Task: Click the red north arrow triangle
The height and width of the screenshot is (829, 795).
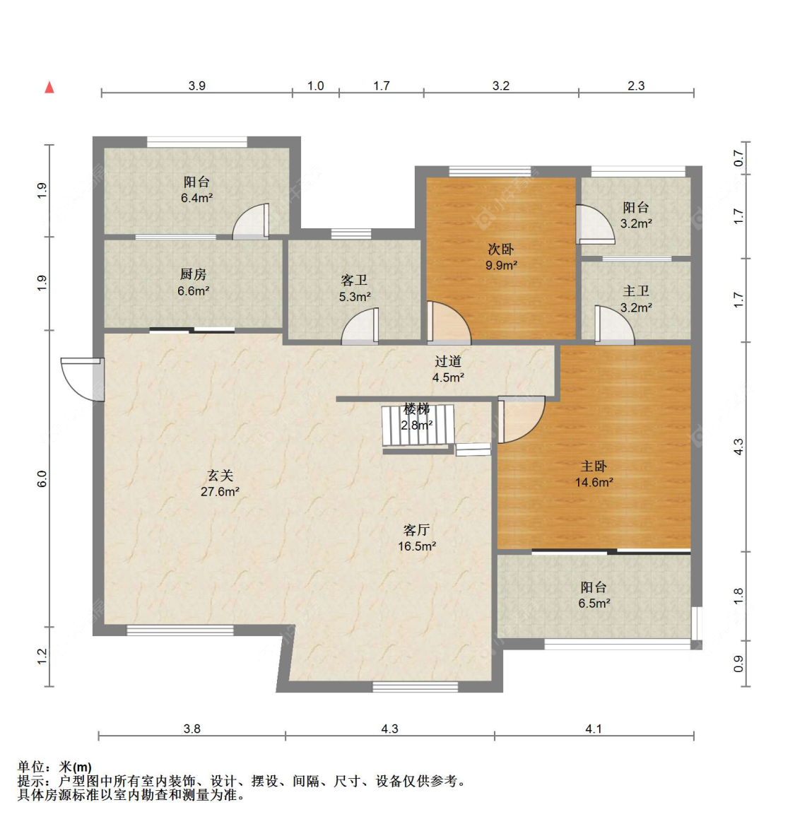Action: point(49,87)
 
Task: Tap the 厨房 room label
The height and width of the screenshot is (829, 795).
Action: point(193,274)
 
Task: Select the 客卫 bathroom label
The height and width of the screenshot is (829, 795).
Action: point(354,280)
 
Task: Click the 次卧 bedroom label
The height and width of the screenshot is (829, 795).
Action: point(500,249)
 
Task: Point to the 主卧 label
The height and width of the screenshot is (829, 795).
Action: point(594,466)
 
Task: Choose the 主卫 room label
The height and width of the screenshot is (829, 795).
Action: point(636,290)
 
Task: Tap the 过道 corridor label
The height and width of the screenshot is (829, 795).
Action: point(448,361)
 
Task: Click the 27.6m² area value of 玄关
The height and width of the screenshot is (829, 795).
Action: point(220,492)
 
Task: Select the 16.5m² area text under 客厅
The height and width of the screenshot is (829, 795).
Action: point(417,546)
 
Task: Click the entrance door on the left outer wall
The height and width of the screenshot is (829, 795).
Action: point(83,379)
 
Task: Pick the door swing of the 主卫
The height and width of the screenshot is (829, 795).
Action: point(615,325)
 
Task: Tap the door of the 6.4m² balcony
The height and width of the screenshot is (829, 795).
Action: point(252,221)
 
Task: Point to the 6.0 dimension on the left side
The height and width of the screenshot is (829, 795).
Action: point(42,479)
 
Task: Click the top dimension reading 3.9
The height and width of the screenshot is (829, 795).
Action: point(197,86)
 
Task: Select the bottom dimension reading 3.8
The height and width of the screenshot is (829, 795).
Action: point(192,729)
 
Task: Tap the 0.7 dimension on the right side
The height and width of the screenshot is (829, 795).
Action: point(739,158)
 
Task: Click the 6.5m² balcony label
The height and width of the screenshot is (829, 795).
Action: point(594,595)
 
